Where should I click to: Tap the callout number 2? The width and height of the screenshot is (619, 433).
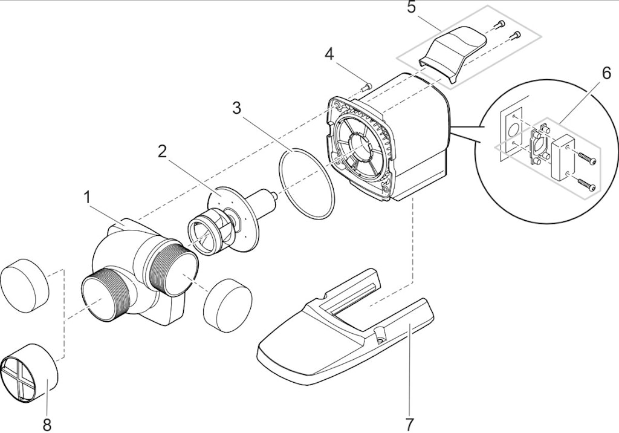pos(162,152)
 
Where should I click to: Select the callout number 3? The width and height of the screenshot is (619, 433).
pos(236,108)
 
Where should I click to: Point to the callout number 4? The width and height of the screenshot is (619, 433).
pos(329,54)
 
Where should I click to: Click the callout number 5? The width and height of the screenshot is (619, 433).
pos(411,7)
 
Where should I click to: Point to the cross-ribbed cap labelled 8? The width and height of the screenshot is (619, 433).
pos(30,373)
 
